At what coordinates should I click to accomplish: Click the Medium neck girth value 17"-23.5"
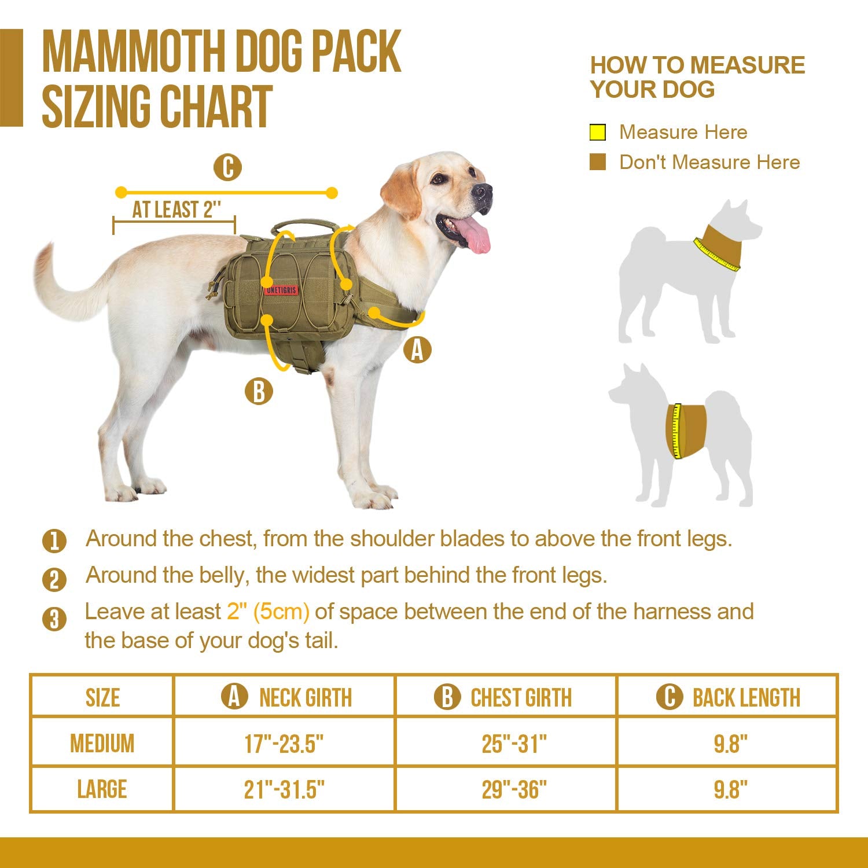tap(284, 743)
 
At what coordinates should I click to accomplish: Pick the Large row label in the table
tap(102, 789)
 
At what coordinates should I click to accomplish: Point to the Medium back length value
tap(731, 743)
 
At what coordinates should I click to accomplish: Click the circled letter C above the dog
tap(227, 168)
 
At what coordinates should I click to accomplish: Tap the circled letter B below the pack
tap(259, 391)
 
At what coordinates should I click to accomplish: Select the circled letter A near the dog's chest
tap(417, 350)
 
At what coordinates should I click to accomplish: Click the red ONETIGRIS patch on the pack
tap(281, 289)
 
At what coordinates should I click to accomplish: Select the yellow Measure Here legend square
tap(597, 133)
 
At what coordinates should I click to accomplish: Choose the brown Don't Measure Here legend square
tap(597, 162)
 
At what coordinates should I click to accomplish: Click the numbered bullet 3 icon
tap(54, 619)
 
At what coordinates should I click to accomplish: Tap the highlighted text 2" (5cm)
tap(268, 612)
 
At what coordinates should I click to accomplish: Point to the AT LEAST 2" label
tap(176, 209)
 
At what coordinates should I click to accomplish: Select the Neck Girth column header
tap(286, 697)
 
